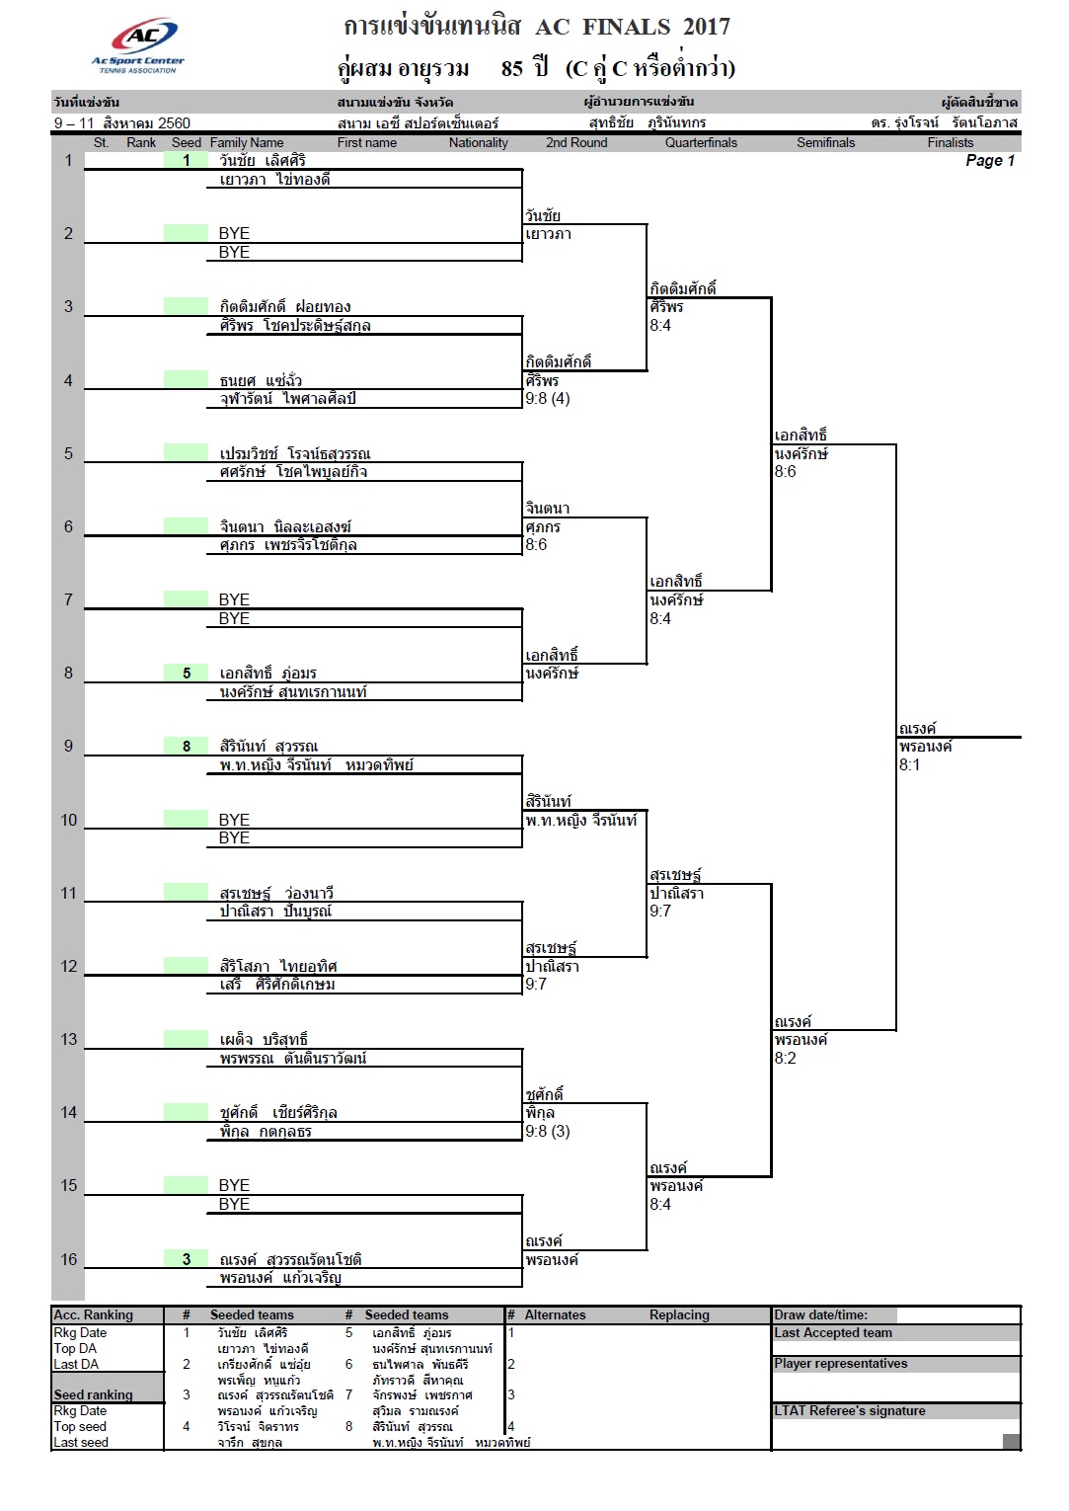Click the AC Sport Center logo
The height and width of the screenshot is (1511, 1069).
138,44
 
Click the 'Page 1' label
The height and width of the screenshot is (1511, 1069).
989,161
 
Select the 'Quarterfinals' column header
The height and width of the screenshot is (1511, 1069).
701,143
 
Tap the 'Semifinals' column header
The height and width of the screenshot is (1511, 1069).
825,143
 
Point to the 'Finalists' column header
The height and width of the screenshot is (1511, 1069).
951,143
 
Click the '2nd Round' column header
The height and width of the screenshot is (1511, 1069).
576,143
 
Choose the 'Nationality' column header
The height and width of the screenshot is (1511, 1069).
479,143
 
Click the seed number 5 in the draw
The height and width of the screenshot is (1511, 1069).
187,674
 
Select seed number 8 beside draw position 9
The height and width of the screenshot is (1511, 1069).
187,746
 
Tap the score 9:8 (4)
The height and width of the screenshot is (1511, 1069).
547,399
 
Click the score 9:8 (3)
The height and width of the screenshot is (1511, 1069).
547,1131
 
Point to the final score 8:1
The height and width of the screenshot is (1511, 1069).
909,765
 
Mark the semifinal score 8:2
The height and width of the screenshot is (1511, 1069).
786,1058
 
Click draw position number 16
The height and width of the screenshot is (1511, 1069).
69,1259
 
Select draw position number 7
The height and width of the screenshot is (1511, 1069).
68,599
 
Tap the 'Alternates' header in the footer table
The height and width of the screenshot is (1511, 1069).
555,1314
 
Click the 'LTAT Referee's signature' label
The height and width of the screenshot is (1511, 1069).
849,1410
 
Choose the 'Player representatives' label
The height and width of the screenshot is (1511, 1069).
841,1363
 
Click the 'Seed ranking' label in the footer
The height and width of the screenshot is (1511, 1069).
93,1394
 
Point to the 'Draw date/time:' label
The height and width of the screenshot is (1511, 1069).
820,1314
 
